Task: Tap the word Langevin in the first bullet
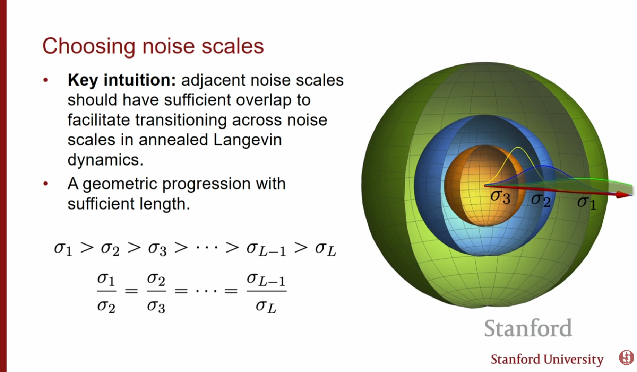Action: click(x=247, y=140)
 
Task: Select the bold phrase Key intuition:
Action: click(x=122, y=80)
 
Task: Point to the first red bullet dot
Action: click(x=45, y=80)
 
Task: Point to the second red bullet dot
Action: click(x=45, y=184)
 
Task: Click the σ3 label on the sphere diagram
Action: click(x=500, y=197)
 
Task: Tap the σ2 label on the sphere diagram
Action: click(x=541, y=200)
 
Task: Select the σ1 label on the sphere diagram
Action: click(x=587, y=203)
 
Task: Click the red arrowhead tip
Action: click(x=631, y=195)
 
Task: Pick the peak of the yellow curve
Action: click(x=518, y=147)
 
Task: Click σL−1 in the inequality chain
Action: click(x=266, y=249)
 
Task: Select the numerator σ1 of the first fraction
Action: click(x=106, y=279)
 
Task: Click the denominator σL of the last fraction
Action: click(x=266, y=307)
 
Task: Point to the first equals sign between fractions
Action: click(x=131, y=291)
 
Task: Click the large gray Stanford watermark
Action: click(x=528, y=328)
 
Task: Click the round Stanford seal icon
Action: click(x=626, y=357)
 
